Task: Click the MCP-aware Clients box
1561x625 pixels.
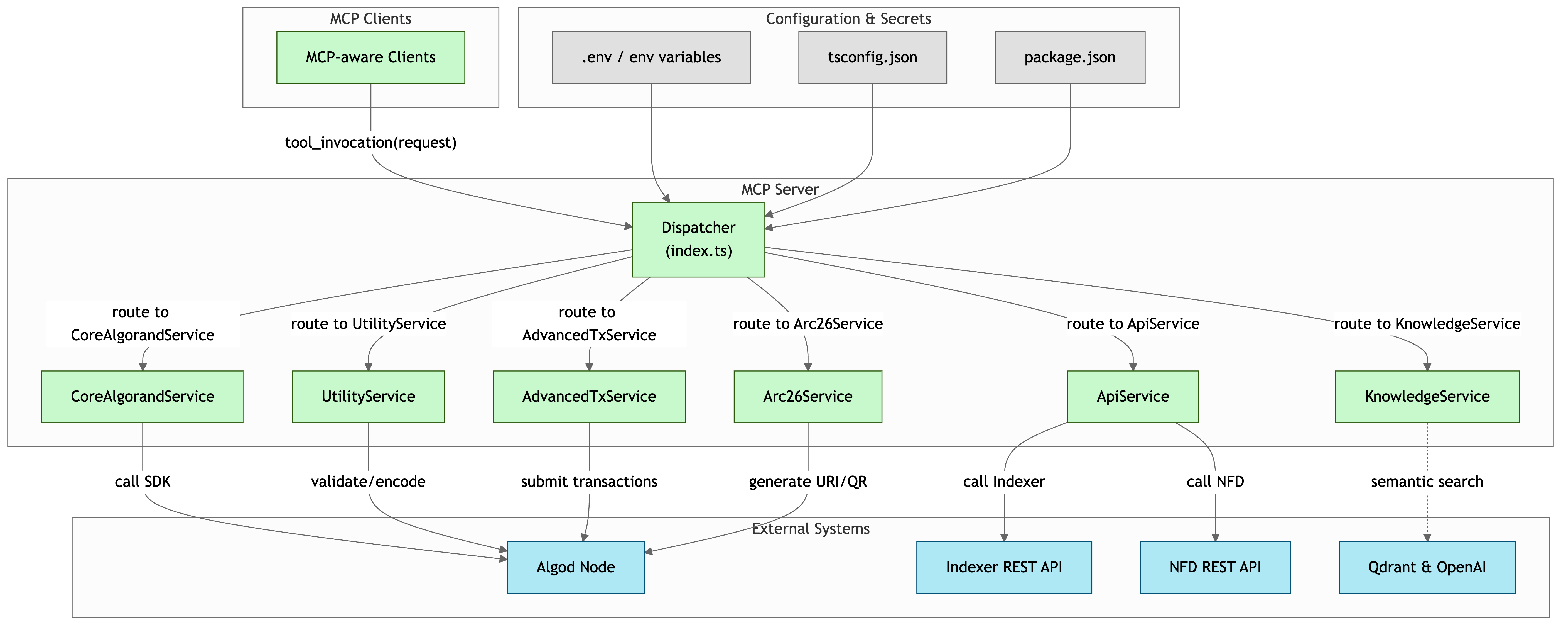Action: pyautogui.click(x=370, y=58)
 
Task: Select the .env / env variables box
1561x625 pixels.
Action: pyautogui.click(x=651, y=58)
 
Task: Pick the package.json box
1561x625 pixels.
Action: pyautogui.click(x=1069, y=58)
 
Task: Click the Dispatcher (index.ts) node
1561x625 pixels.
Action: pyautogui.click(x=698, y=240)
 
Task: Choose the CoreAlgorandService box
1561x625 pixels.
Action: pyautogui.click(x=143, y=396)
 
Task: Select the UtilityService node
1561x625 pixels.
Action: pyautogui.click(x=368, y=396)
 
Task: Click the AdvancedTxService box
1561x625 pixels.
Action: pyautogui.click(x=589, y=396)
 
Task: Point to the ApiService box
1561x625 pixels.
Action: pyautogui.click(x=1133, y=396)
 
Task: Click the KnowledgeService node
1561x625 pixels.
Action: pyautogui.click(x=1427, y=396)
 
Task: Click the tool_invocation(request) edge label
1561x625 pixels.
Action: pyautogui.click(x=370, y=142)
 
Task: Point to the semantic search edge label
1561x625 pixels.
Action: pyautogui.click(x=1427, y=482)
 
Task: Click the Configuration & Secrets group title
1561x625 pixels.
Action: pyautogui.click(x=848, y=19)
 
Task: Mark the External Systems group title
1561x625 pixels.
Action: pyautogui.click(x=810, y=529)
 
